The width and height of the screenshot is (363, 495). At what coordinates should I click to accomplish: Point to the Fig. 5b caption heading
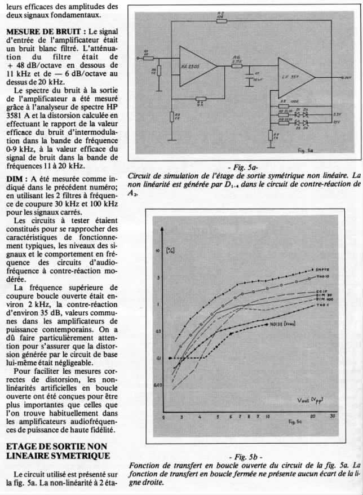244,457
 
